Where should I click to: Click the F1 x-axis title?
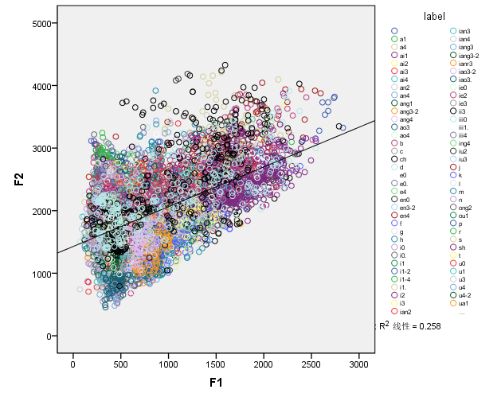(215, 383)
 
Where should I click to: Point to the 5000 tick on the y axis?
(41, 23)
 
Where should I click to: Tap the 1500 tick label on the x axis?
(216, 364)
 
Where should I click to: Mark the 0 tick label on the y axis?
(49, 336)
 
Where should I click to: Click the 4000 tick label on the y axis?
(41, 86)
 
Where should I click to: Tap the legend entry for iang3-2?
(469, 56)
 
